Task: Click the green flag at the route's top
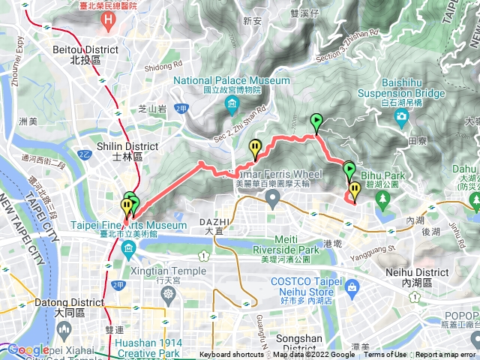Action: (x=316, y=121)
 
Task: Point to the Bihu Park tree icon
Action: (x=383, y=199)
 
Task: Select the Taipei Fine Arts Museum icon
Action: (x=129, y=248)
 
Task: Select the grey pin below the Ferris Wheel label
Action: (x=273, y=198)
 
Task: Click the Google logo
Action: (x=28, y=349)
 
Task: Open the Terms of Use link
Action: (x=385, y=355)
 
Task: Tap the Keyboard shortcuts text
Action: (x=231, y=355)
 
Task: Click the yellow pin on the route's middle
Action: (x=256, y=148)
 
